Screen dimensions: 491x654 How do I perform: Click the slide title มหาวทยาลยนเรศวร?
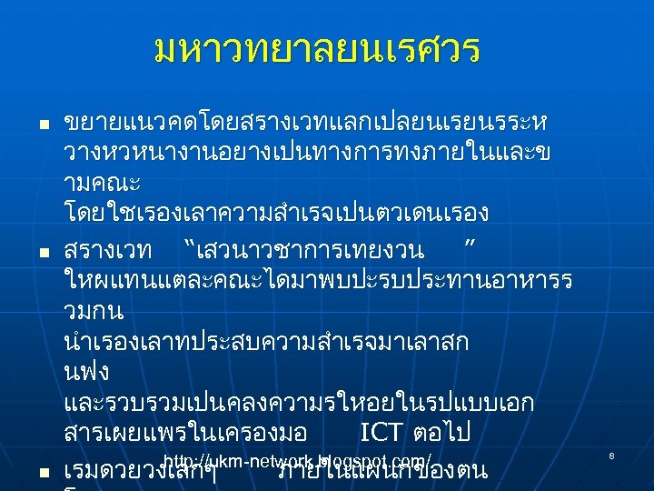317,50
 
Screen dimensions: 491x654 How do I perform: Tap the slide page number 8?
611,455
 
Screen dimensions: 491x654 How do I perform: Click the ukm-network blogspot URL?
298,461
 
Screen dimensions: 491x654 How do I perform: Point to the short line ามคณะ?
102,183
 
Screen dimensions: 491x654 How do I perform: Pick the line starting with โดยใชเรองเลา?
276,215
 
